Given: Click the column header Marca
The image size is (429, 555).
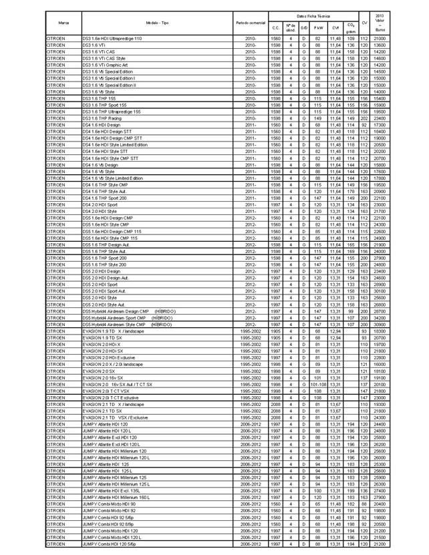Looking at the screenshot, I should (63, 23).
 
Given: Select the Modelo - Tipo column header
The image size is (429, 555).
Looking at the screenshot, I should (157, 23).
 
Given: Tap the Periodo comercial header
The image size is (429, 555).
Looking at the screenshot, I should (251, 23).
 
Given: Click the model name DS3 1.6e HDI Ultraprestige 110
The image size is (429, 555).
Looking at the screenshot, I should (112, 39).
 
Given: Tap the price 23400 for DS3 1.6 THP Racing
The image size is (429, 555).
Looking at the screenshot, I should (380, 118).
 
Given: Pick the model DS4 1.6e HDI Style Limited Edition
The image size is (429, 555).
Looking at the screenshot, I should (114, 144).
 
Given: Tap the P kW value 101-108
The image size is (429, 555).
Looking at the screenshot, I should (318, 384).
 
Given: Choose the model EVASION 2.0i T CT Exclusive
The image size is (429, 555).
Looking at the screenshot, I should (110, 397).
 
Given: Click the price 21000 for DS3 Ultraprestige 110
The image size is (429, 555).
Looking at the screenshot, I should (380, 39).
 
